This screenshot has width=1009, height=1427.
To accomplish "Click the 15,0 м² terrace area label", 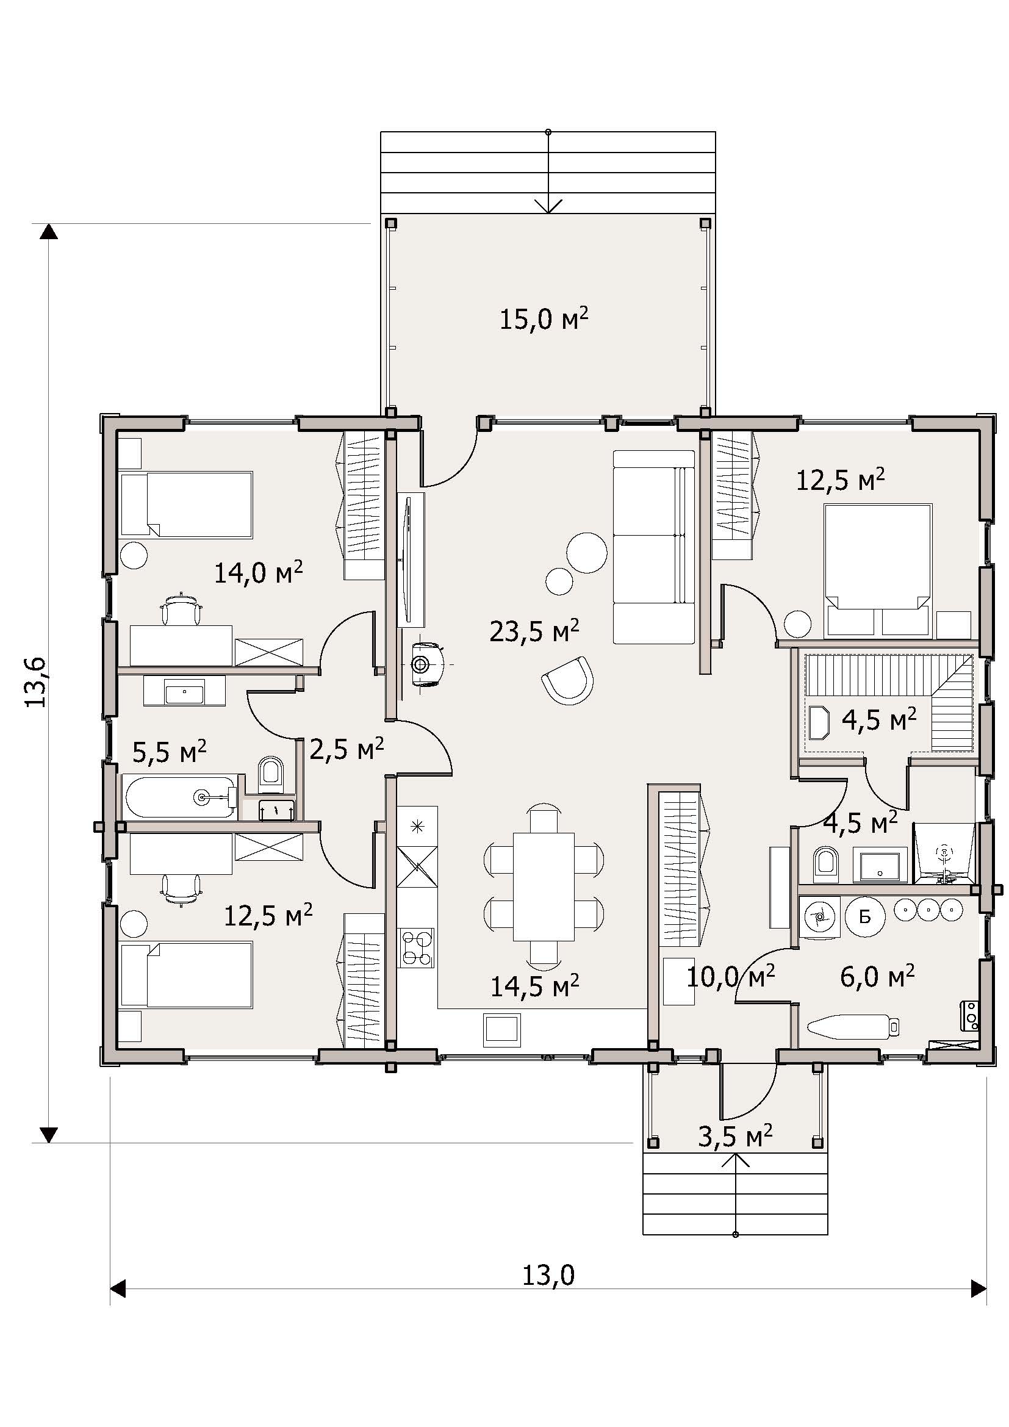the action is pos(544,320).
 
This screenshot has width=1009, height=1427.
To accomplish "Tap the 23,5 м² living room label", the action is pos(534,631).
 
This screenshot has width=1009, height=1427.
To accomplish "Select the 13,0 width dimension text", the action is pos(548,1275).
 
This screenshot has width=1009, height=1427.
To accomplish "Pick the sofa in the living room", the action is pos(653,547).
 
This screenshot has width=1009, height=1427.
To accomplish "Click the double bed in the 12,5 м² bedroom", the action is pos(878,570).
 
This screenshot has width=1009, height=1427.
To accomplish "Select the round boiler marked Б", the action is pos(865,916).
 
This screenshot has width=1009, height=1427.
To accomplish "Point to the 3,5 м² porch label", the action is pos(735,1136).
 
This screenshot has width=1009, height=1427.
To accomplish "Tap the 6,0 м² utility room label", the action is pos(877,976).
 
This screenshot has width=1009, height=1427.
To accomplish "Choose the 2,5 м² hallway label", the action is pos(346,750).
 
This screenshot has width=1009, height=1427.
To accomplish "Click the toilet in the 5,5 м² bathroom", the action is pos(270,774).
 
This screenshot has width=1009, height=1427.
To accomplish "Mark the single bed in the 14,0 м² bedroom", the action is pos(187,504).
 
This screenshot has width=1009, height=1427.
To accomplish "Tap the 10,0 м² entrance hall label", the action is pos(731,977).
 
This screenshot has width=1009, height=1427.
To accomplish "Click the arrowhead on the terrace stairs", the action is pos(548,206).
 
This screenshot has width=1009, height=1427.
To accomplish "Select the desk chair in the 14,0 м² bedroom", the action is pos(181,609).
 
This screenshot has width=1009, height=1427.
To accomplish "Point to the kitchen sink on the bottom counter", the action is pos(503,1030).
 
